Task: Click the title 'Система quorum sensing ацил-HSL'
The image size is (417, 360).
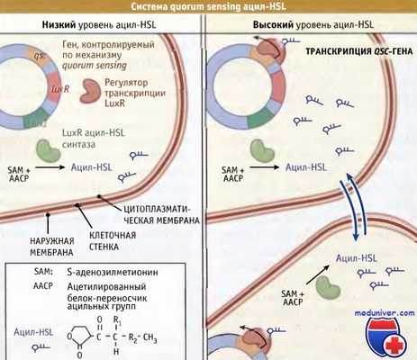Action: point(208,7)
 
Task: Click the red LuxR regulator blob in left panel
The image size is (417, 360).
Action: point(91,88)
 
